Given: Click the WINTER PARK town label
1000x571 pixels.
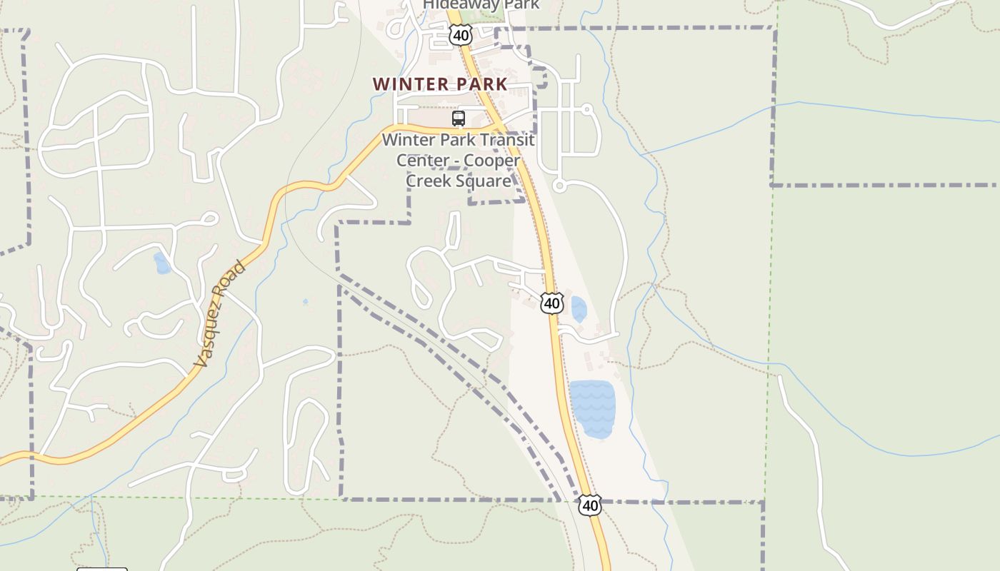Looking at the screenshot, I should pyautogui.click(x=440, y=84).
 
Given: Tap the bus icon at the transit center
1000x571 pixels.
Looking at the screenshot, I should pyautogui.click(x=459, y=118).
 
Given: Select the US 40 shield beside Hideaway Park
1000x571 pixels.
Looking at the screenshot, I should pyautogui.click(x=461, y=34).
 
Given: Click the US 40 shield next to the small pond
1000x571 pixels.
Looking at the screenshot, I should pyautogui.click(x=551, y=303).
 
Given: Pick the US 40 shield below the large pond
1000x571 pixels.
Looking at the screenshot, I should pyautogui.click(x=590, y=505).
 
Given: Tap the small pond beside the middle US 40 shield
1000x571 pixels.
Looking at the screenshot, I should pyautogui.click(x=578, y=309).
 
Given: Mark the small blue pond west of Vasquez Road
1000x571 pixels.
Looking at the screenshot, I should pyautogui.click(x=162, y=263).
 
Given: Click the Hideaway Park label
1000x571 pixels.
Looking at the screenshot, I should pyautogui.click(x=481, y=5).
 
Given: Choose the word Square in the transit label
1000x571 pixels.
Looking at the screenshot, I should pyautogui.click(x=487, y=181).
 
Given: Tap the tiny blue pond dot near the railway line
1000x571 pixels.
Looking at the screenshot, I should pyautogui.click(x=305, y=302).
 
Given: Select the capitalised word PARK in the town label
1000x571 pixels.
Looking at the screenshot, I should pyautogui.click(x=482, y=84).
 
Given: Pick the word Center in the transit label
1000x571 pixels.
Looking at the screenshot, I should pyautogui.click(x=423, y=161).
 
